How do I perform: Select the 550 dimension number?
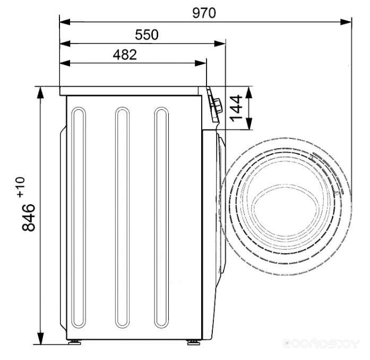147,35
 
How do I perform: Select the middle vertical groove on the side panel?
122,218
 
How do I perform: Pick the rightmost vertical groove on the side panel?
161,218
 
